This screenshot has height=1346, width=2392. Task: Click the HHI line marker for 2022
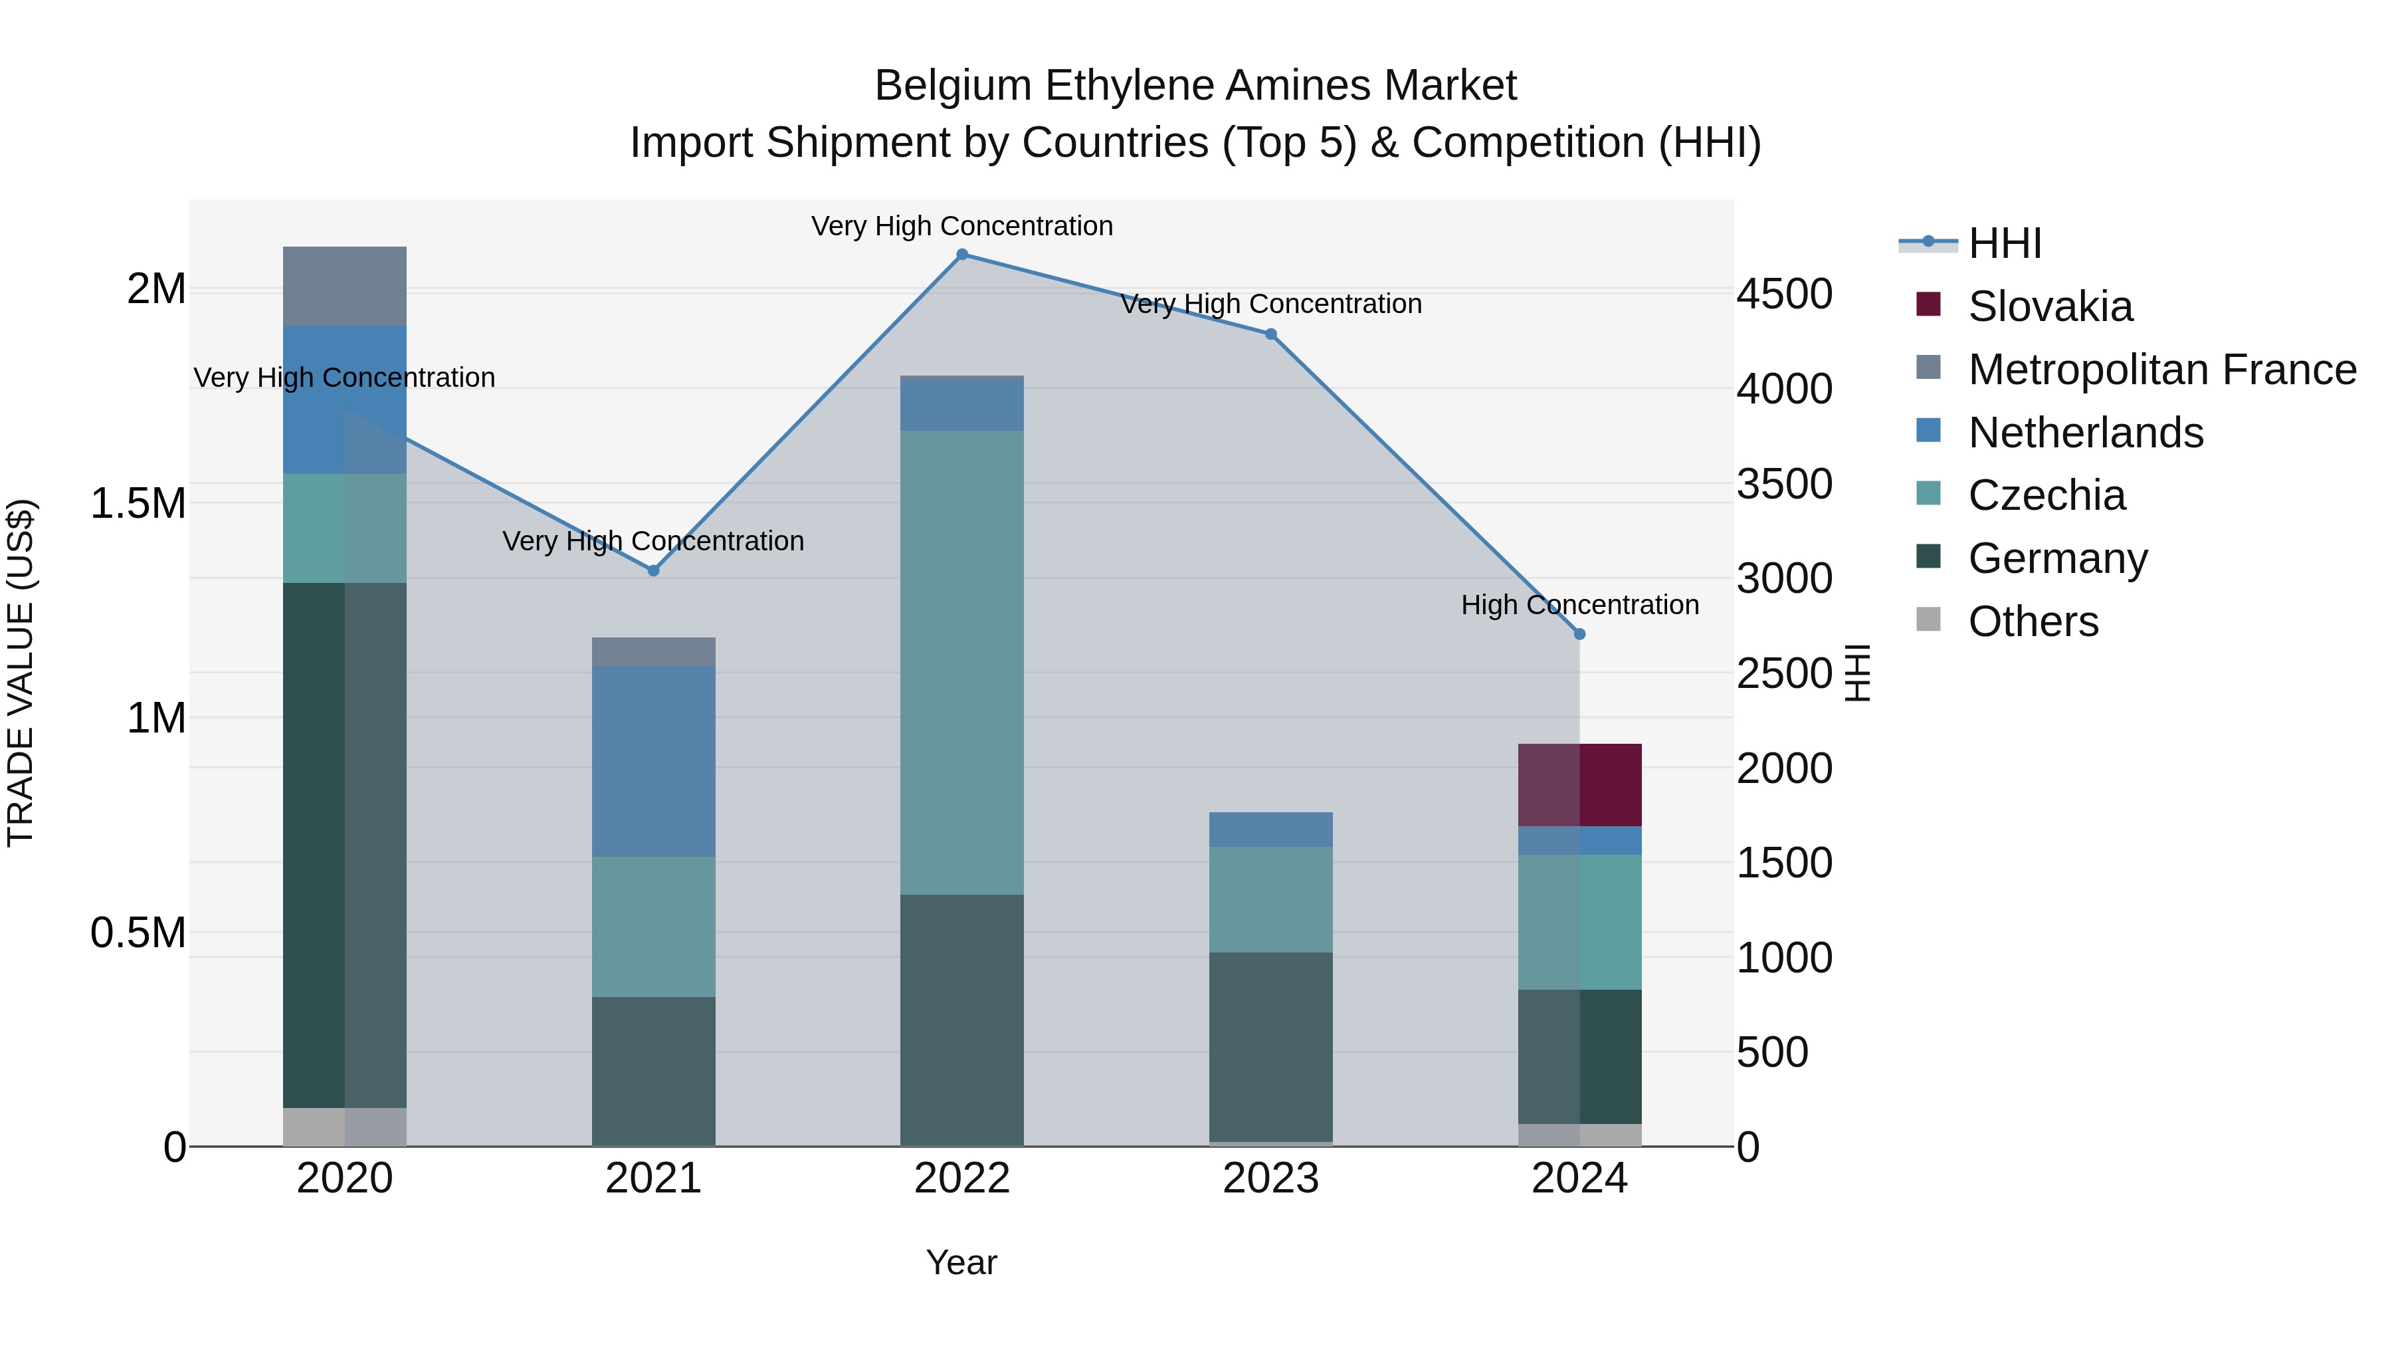tap(962, 255)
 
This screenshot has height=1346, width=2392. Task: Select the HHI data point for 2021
tap(652, 570)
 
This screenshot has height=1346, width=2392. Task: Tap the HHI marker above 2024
tap(1579, 633)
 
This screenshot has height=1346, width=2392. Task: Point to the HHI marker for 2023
tap(1271, 334)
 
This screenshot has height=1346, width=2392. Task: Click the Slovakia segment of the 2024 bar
tap(1579, 785)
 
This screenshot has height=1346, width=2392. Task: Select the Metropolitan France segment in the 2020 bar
tap(344, 286)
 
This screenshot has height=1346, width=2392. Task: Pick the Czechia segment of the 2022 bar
tap(962, 661)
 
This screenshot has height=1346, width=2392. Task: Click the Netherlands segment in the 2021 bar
tap(652, 761)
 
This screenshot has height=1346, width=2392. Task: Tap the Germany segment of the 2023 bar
tap(1271, 1046)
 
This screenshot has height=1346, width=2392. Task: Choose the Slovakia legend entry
tap(2049, 306)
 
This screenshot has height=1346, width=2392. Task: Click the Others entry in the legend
tap(2033, 621)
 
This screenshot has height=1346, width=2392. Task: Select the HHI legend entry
tap(2004, 243)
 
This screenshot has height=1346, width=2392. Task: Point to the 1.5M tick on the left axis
tap(138, 503)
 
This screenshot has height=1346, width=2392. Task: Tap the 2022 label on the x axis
tap(962, 1178)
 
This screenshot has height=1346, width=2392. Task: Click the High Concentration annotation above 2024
tap(1579, 605)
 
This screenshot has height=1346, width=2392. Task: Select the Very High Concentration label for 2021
tap(652, 540)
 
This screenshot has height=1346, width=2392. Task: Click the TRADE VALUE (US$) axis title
tap(21, 673)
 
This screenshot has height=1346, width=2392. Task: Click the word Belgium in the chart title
tap(953, 86)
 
